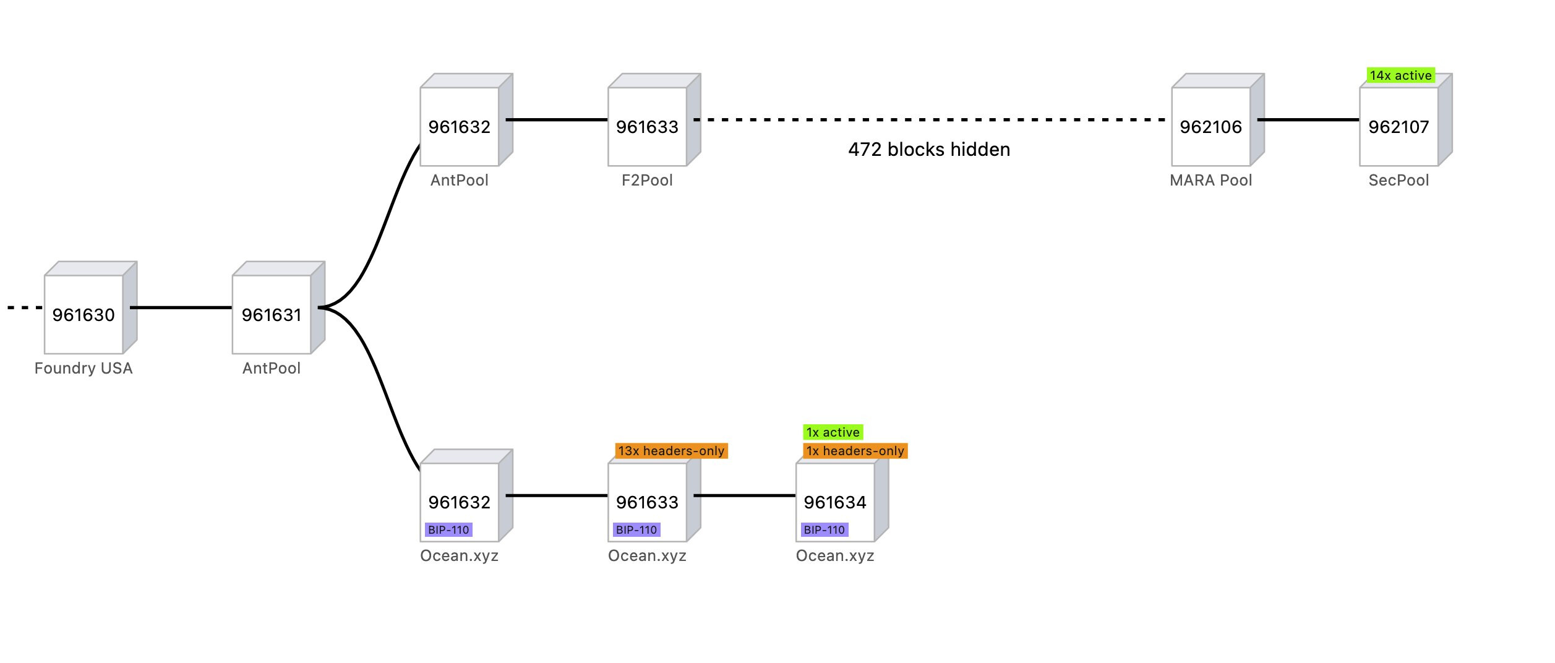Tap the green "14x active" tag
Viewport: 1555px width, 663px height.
(1400, 75)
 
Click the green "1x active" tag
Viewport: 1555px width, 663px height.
(833, 432)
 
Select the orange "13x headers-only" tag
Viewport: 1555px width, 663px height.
(671, 451)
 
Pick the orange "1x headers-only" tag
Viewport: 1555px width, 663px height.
(855, 451)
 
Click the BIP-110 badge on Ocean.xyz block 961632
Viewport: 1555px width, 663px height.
(448, 530)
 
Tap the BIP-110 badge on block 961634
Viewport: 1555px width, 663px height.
(825, 530)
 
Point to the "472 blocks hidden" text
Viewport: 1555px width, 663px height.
(929, 150)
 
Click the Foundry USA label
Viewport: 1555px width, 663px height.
(84, 369)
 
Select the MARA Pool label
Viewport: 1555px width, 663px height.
(1210, 181)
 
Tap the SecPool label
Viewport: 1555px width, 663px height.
(1399, 181)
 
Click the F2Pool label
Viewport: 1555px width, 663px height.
(647, 181)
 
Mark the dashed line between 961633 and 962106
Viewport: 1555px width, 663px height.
(929, 120)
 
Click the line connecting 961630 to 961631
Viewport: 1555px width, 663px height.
(181, 308)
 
